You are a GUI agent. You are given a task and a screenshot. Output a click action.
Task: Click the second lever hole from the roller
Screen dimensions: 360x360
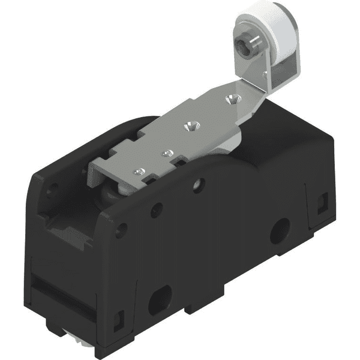[190, 127]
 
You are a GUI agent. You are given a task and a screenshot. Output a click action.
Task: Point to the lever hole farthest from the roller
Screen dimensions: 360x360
[139, 173]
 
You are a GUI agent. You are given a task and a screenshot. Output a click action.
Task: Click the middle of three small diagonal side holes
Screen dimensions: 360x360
[157, 209]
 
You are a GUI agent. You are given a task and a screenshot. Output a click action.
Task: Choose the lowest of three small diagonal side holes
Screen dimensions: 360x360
[122, 230]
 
